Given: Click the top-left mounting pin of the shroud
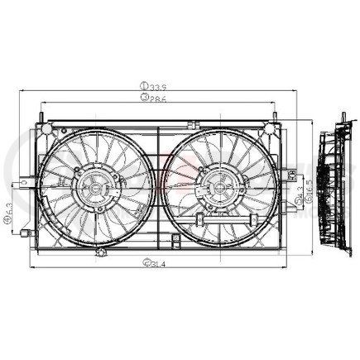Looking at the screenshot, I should (x=41, y=111).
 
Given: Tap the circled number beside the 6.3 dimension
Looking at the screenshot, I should (x=8, y=230).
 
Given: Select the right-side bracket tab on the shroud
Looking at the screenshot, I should (x=290, y=175).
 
